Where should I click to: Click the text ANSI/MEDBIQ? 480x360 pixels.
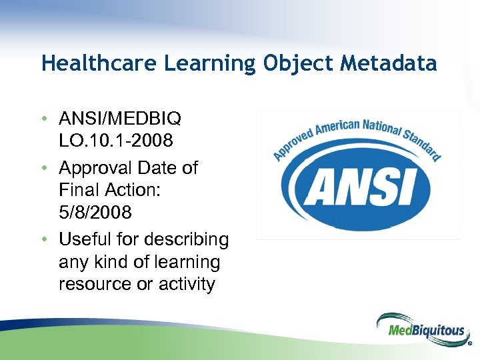click(x=119, y=119)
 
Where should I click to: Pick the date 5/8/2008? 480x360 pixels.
click(x=95, y=213)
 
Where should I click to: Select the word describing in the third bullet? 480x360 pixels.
click(x=187, y=239)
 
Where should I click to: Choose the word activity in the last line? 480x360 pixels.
click(x=187, y=284)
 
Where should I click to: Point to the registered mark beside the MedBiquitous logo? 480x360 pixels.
click(x=469, y=345)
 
